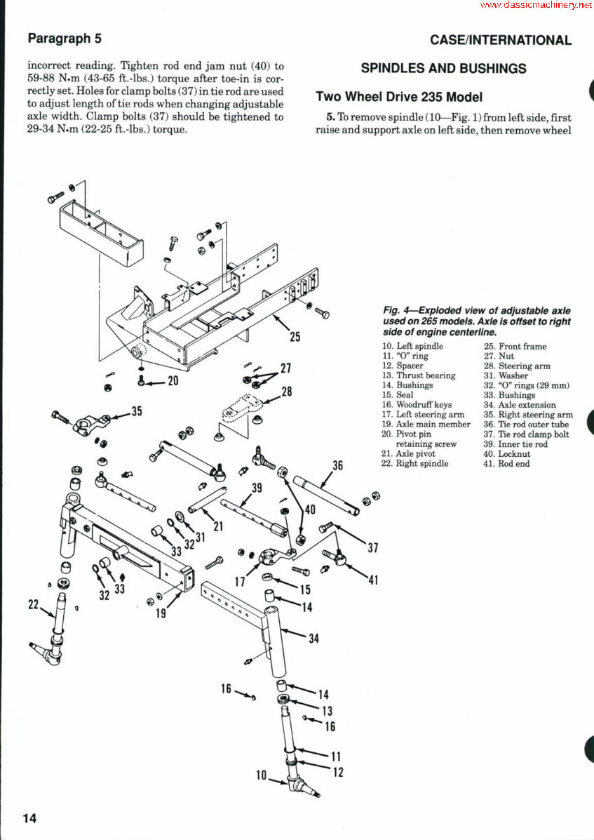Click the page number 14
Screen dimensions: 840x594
click(29, 818)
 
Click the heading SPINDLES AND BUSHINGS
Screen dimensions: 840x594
click(443, 68)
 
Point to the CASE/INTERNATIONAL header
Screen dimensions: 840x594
click(501, 40)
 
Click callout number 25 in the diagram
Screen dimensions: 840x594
click(295, 337)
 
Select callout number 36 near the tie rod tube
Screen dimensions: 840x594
click(337, 465)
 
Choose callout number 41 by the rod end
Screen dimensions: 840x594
click(372, 580)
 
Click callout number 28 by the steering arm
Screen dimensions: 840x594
click(287, 392)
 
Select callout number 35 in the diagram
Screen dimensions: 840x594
click(136, 411)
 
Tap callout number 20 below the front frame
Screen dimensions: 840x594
click(173, 381)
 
